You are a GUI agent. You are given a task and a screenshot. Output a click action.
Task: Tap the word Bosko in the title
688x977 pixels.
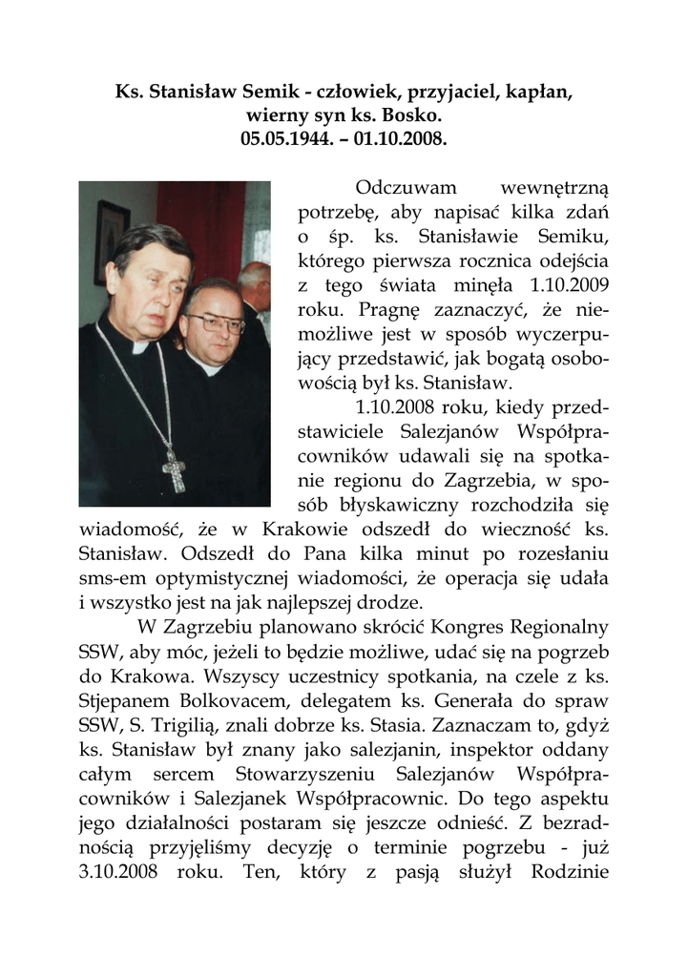click(413, 115)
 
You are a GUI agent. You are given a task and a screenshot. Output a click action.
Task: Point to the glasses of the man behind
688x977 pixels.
click(213, 322)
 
